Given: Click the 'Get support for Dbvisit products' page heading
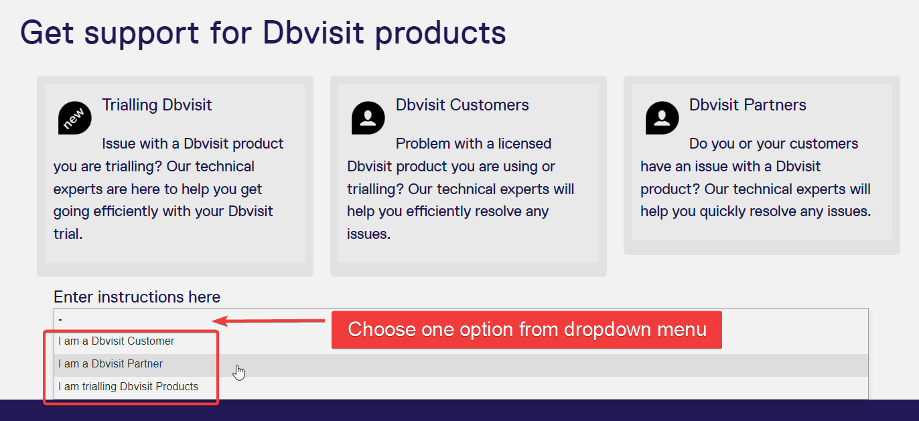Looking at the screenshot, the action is tap(263, 33).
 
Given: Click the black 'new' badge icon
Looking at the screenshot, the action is tap(74, 118).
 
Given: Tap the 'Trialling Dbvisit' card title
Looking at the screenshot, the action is tap(157, 105).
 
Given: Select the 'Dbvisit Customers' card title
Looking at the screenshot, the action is tap(462, 105).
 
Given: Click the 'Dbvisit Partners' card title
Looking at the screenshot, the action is tap(748, 105).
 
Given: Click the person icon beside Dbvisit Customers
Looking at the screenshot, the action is tap(368, 118).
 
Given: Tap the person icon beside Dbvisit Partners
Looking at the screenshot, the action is tap(662, 118).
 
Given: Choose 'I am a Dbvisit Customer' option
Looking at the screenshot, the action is tap(116, 341).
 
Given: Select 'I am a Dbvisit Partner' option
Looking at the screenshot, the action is tap(111, 363).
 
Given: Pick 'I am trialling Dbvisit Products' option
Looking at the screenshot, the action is tap(128, 387).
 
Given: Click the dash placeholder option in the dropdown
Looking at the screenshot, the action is tap(60, 319).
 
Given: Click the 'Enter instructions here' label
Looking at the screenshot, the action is tap(137, 297).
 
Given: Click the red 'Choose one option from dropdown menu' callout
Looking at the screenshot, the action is tap(526, 329).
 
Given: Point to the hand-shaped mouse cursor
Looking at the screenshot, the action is tap(238, 373).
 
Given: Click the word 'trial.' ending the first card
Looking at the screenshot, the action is tap(68, 234).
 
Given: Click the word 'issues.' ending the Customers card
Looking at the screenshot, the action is tap(369, 234).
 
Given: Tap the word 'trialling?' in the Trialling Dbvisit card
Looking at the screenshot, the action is tap(134, 167).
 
